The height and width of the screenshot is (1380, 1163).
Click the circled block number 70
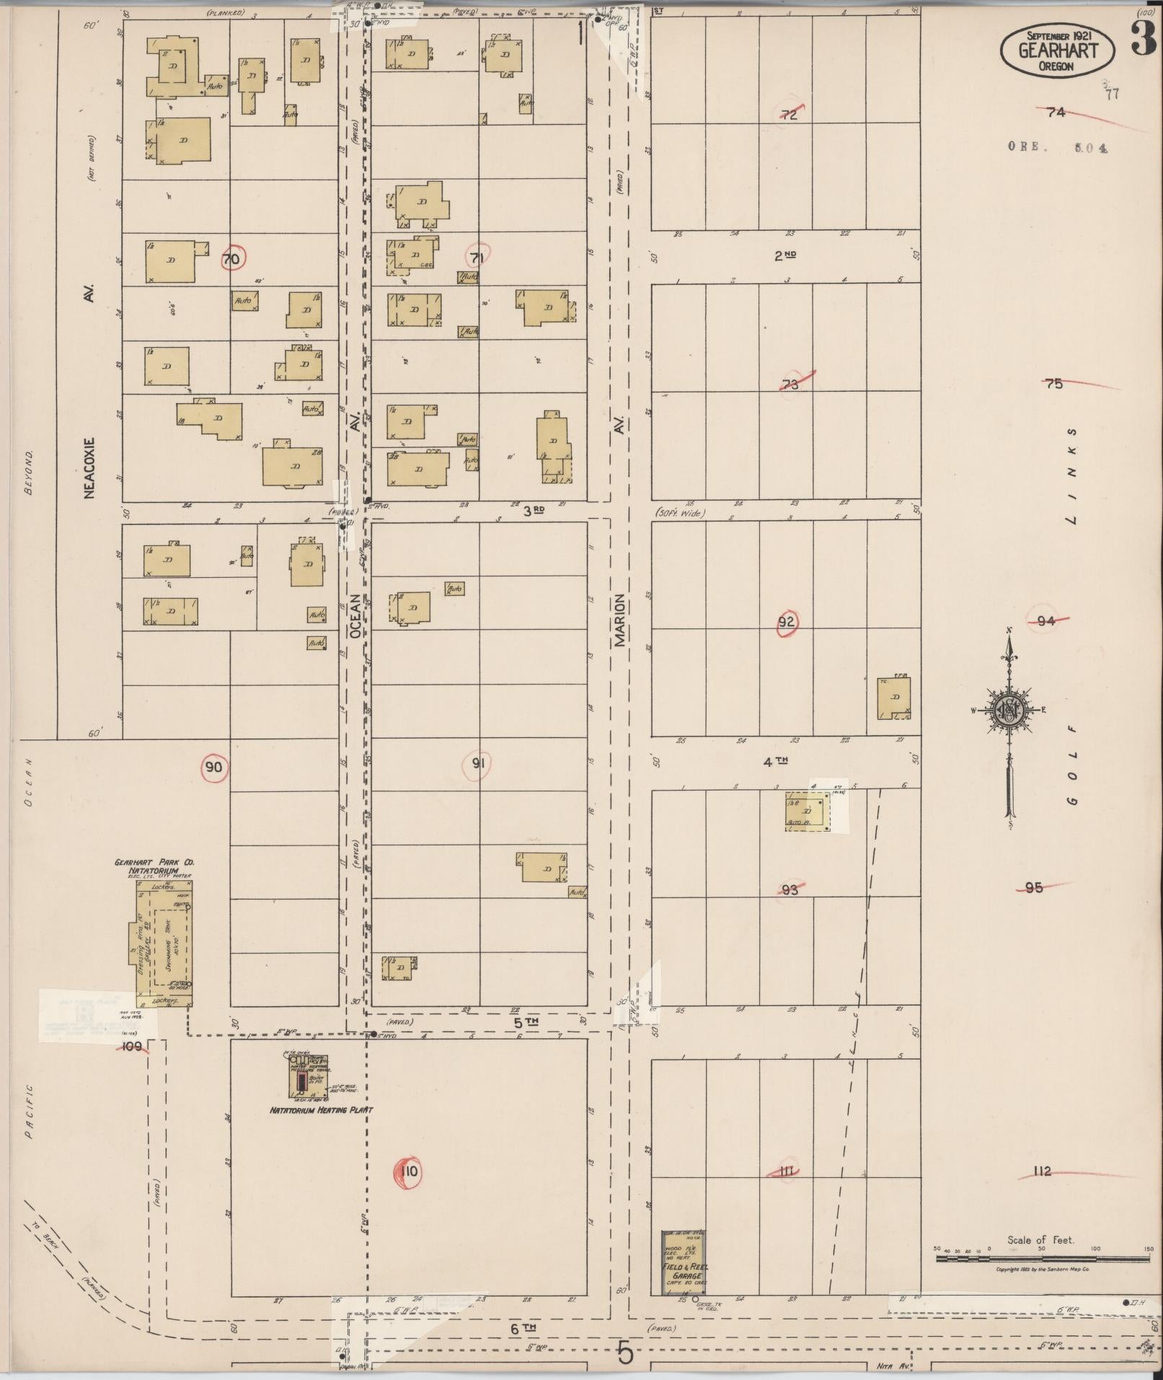[231, 258]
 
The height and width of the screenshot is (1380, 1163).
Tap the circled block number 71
[477, 257]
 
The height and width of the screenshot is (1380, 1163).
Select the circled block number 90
[213, 767]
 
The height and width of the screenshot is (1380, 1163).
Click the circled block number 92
[787, 622]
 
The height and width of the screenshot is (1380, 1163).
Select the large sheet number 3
[1142, 40]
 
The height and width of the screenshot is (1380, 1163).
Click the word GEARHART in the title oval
[1058, 50]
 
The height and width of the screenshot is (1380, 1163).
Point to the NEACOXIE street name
[90, 466]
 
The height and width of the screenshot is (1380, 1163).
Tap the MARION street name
[620, 620]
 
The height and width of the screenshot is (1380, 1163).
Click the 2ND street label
[784, 255]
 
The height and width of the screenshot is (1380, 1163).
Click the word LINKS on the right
[1071, 476]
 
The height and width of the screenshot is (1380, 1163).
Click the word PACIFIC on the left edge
[29, 1111]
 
